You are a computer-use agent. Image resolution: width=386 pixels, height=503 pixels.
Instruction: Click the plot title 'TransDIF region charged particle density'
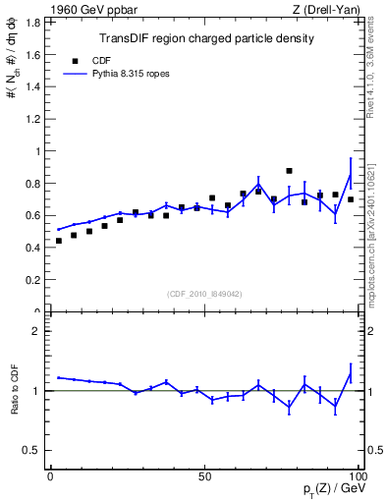[206, 39]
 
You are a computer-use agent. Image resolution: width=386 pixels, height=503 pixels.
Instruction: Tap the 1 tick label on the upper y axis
[37, 151]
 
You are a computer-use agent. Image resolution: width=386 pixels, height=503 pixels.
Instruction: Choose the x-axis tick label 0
[50, 475]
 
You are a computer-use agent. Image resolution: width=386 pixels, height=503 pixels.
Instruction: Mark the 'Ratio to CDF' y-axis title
[15, 390]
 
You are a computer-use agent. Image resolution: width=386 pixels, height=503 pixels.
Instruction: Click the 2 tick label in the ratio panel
[37, 331]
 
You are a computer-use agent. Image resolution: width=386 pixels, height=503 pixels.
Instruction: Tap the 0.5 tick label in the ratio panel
[31, 450]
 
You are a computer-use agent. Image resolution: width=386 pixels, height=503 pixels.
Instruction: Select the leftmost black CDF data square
[58, 241]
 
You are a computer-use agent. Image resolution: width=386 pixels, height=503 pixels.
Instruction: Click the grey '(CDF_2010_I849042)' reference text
[204, 293]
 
